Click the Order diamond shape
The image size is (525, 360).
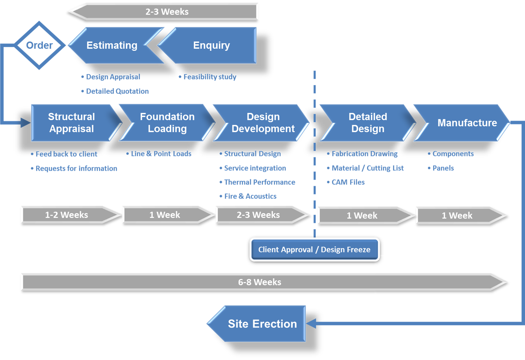(x=39, y=45)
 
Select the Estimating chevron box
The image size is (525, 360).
(x=112, y=45)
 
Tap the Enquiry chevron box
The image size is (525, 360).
(x=211, y=45)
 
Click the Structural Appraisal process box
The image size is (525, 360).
(x=71, y=123)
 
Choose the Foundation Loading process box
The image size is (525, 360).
(x=167, y=123)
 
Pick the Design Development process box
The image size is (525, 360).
(x=263, y=123)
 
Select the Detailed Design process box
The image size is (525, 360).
(x=367, y=123)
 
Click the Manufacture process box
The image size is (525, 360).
(x=467, y=123)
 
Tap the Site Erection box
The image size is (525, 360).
(x=262, y=324)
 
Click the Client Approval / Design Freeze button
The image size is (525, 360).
(x=314, y=250)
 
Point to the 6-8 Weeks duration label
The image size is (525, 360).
(x=259, y=282)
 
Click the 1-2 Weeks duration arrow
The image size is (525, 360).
(x=67, y=215)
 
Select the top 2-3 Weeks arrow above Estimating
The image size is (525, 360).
(x=167, y=12)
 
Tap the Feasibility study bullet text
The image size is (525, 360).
(x=210, y=77)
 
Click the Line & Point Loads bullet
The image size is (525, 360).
(x=161, y=154)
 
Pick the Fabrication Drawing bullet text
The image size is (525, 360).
(x=364, y=154)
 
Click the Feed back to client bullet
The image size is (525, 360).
(x=66, y=154)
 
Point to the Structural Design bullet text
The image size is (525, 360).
(x=252, y=154)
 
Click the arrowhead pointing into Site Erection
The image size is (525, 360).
(x=311, y=323)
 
